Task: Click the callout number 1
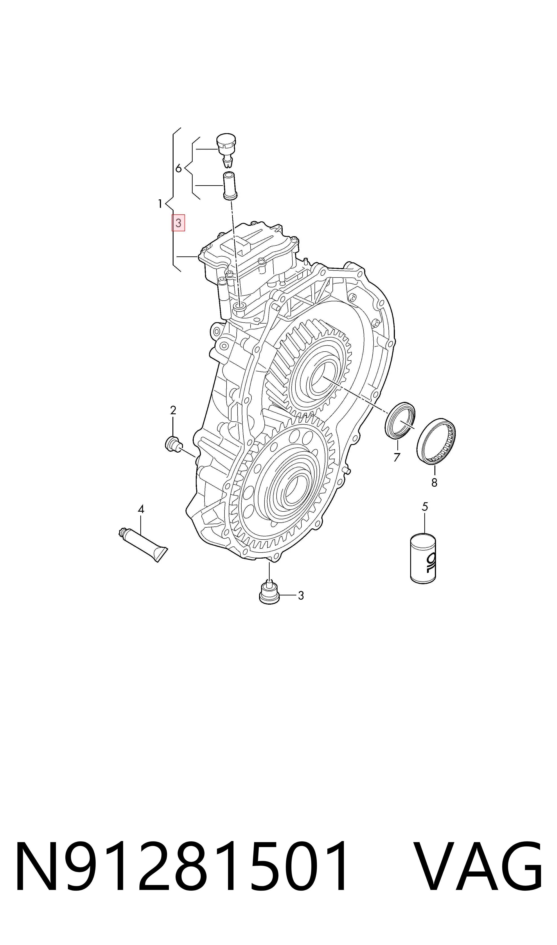click(x=160, y=204)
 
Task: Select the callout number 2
click(x=173, y=410)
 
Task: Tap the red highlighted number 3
click(x=178, y=223)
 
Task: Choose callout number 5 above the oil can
click(x=425, y=507)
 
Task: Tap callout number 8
click(x=434, y=483)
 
